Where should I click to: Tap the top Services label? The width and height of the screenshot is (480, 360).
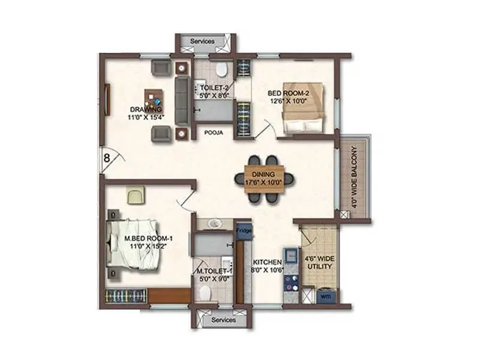click(x=202, y=41)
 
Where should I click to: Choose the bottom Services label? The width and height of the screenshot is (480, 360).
click(x=222, y=320)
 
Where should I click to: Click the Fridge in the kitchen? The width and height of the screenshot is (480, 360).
click(x=243, y=230)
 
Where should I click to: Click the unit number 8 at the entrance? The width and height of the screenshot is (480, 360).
click(x=106, y=159)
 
